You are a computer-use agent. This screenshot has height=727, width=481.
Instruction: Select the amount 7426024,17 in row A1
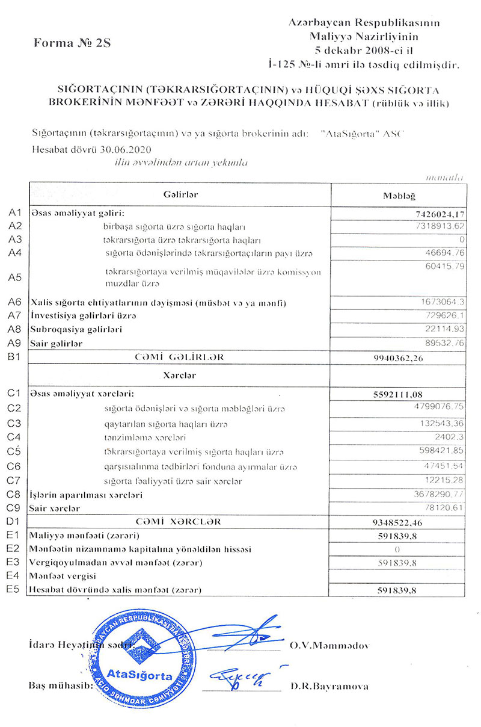435,214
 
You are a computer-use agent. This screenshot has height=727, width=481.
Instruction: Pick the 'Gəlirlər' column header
180,194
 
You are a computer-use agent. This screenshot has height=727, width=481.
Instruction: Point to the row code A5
15,277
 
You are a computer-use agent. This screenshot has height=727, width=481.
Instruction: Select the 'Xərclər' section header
180,376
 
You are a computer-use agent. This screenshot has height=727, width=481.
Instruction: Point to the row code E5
14,589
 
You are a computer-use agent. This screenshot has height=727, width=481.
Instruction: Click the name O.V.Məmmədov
329,645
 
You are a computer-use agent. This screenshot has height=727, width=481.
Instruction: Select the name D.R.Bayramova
329,686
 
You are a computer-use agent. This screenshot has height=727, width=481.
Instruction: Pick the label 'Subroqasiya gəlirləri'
76,330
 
